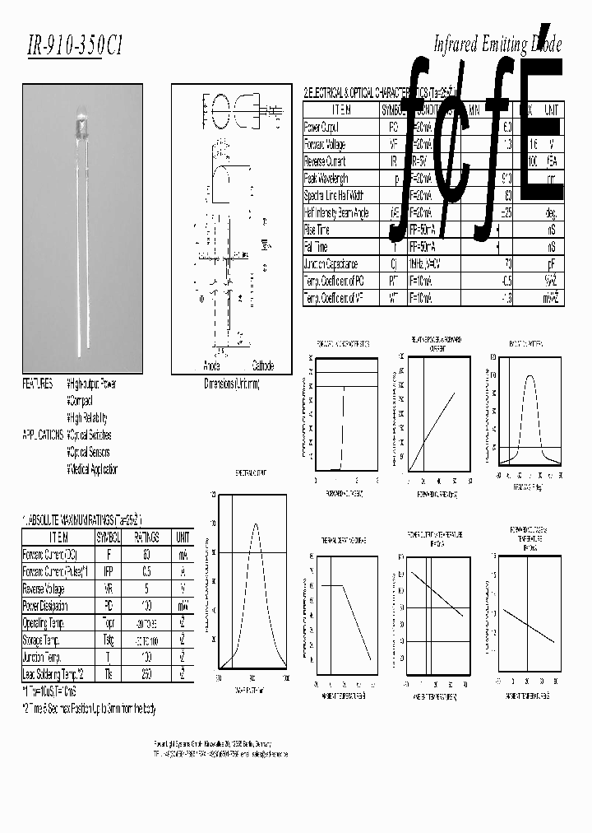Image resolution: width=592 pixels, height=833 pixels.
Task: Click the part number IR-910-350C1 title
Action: tap(75, 48)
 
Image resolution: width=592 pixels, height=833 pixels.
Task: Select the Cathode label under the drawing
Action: tap(262, 365)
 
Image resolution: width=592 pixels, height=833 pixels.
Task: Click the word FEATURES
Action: tap(38, 384)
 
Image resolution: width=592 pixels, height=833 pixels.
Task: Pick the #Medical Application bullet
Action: tap(92, 469)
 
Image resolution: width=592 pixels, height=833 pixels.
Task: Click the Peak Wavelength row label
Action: tap(326, 179)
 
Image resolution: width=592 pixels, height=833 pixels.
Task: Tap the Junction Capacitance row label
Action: tap(331, 264)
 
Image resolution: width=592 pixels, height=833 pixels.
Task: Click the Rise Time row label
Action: tap(317, 230)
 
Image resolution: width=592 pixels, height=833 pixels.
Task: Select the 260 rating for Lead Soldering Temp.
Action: tap(146, 675)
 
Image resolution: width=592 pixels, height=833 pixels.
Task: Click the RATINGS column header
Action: tap(146, 537)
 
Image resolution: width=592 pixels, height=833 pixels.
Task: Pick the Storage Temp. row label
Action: tap(44, 640)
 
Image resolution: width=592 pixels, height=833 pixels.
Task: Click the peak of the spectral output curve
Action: tap(255, 524)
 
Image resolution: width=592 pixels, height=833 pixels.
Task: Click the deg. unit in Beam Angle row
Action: tap(551, 213)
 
